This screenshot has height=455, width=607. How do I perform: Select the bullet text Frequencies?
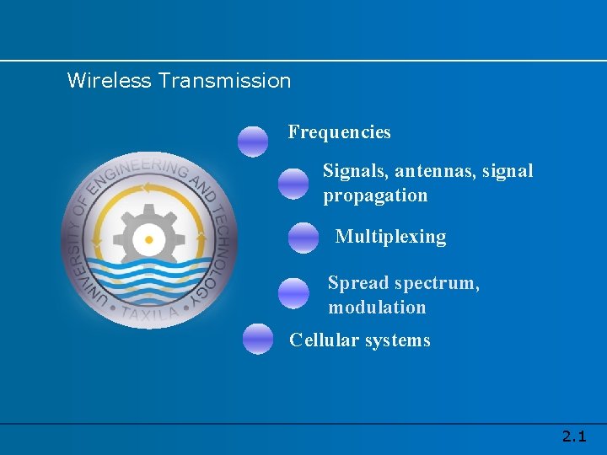click(339, 132)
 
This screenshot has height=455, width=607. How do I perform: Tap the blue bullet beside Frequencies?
click(253, 142)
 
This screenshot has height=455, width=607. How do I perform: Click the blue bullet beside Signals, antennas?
click(293, 183)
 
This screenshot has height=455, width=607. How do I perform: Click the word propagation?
click(375, 195)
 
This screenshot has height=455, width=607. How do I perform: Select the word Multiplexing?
click(390, 237)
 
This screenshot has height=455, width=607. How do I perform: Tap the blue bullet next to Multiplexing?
click(303, 238)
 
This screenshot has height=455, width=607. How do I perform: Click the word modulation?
click(377, 308)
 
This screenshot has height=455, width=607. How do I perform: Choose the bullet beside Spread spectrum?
click(293, 293)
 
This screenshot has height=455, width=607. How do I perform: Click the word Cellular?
click(325, 340)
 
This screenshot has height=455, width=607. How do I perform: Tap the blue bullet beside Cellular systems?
click(258, 339)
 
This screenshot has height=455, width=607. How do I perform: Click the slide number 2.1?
click(574, 436)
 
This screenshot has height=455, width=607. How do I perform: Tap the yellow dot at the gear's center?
click(149, 240)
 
